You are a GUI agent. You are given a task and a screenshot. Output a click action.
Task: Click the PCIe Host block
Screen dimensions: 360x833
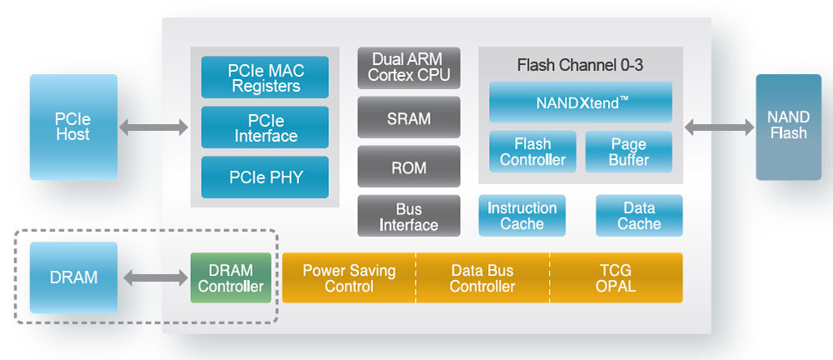(x=73, y=127)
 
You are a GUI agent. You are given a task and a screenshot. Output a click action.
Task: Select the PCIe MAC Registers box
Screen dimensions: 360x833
(x=265, y=77)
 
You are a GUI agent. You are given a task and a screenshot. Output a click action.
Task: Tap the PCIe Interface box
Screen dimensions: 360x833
(x=265, y=127)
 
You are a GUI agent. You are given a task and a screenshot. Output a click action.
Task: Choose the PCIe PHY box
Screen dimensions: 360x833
(x=265, y=177)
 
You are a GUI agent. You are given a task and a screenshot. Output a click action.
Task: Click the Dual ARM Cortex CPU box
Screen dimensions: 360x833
(x=409, y=67)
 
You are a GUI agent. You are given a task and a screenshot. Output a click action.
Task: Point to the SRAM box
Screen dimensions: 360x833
(x=409, y=117)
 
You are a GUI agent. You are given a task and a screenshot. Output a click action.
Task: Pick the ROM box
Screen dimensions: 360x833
(x=409, y=167)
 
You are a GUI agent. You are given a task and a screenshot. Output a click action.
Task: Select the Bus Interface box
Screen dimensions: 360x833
(x=409, y=217)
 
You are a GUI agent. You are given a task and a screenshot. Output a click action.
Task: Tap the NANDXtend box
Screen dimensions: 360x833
(x=581, y=102)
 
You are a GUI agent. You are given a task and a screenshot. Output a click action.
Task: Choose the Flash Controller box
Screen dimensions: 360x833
(x=532, y=152)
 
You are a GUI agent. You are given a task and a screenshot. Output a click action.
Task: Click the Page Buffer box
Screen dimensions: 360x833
(x=629, y=152)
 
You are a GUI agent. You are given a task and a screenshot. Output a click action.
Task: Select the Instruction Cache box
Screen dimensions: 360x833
(x=522, y=216)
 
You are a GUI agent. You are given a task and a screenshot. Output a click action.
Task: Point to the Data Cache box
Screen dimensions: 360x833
(x=639, y=216)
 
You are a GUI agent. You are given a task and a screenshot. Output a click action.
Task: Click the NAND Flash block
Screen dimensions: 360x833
(x=788, y=127)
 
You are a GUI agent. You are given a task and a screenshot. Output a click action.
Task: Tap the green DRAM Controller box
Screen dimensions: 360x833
(x=231, y=278)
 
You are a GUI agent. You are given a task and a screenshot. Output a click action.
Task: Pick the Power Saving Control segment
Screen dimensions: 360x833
(x=349, y=278)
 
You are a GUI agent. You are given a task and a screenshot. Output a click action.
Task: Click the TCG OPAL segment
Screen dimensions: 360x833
(x=616, y=278)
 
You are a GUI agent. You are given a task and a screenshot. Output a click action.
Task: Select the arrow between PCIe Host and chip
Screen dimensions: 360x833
(x=154, y=127)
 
